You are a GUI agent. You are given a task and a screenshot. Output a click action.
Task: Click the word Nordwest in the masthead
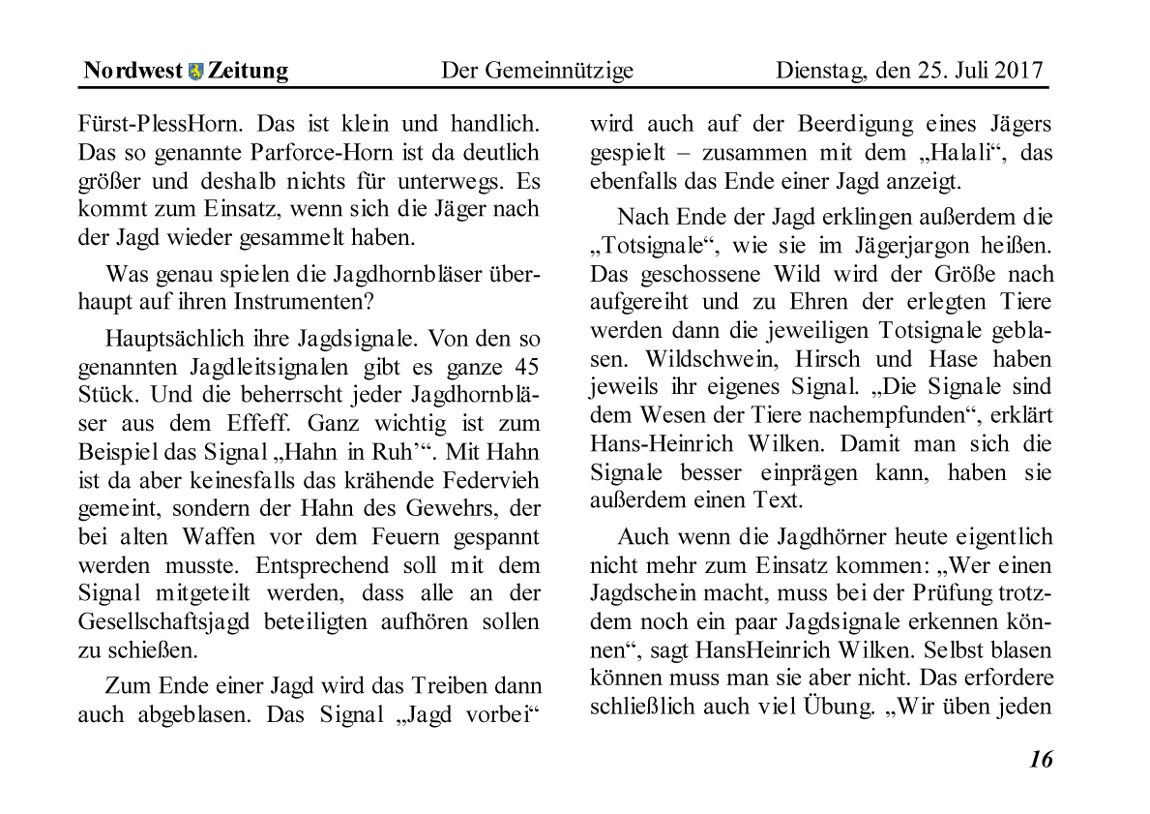tap(133, 71)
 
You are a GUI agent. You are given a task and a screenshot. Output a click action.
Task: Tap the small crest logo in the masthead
tap(196, 71)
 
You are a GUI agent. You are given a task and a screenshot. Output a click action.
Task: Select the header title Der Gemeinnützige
tap(537, 71)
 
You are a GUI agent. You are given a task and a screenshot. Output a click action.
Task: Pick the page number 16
tap(1041, 759)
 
